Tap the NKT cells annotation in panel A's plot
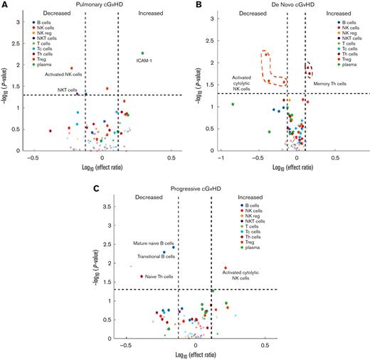pyautogui.click(x=68, y=90)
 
